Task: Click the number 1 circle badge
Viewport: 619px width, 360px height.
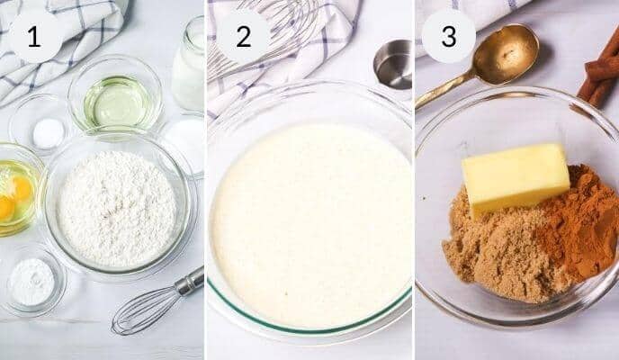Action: pos(35,36)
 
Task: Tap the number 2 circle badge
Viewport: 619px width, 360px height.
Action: pos(243,36)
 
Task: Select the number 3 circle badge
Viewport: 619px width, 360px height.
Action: pos(448,36)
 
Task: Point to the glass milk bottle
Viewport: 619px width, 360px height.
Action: pos(189,65)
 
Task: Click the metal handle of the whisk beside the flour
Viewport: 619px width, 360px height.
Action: pos(190,282)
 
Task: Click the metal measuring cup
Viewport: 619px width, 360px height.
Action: pos(392,63)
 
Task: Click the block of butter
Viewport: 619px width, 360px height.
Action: pos(515,176)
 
